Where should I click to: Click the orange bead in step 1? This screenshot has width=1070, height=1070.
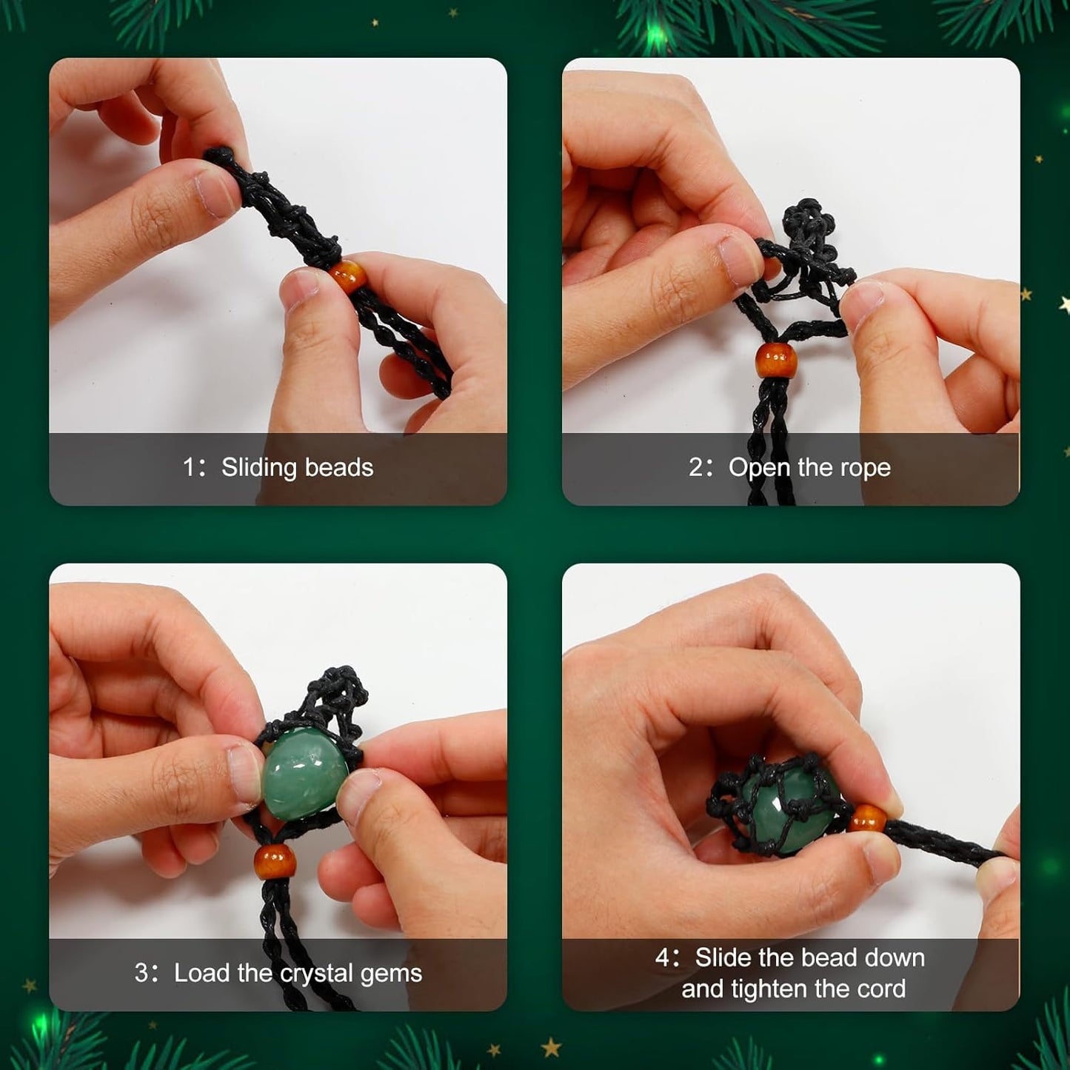(x=347, y=276)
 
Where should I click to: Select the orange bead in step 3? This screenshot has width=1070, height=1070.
(x=275, y=861)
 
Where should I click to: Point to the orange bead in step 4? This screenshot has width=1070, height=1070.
(x=867, y=819)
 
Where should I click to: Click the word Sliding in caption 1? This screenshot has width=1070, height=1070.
(x=258, y=468)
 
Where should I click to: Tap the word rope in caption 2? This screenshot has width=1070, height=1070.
(x=866, y=468)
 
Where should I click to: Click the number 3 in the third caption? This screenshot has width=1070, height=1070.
(x=141, y=973)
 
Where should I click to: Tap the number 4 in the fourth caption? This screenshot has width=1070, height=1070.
(x=663, y=958)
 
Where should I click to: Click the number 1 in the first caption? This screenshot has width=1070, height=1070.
(x=189, y=468)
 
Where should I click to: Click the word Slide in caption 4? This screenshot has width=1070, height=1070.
(x=723, y=958)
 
